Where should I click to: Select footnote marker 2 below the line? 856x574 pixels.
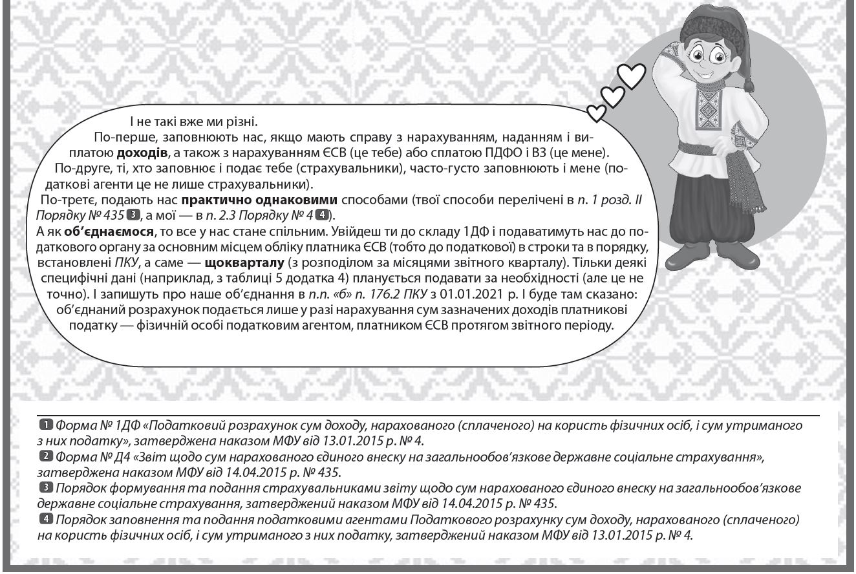tap(46, 457)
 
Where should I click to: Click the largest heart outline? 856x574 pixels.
tap(632, 75)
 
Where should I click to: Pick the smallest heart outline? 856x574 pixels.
tap(597, 114)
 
